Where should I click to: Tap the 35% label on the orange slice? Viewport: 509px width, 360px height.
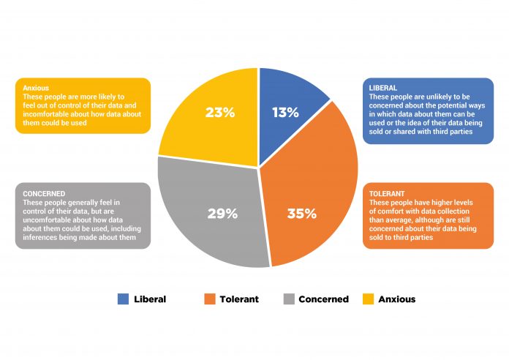tap(301, 214)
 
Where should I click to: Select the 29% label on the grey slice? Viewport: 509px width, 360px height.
tap(222, 214)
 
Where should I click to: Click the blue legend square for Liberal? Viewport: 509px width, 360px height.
tap(123, 299)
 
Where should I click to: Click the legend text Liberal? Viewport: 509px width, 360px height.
tap(150, 299)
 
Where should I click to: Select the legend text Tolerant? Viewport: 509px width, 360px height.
tap(239, 299)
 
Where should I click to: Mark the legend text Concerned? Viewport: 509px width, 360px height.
tap(323, 299)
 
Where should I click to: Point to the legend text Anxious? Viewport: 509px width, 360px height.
tap(398, 299)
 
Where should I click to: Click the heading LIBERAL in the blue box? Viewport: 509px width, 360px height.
tap(382, 88)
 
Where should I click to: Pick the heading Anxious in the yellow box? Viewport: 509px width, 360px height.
tap(36, 88)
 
